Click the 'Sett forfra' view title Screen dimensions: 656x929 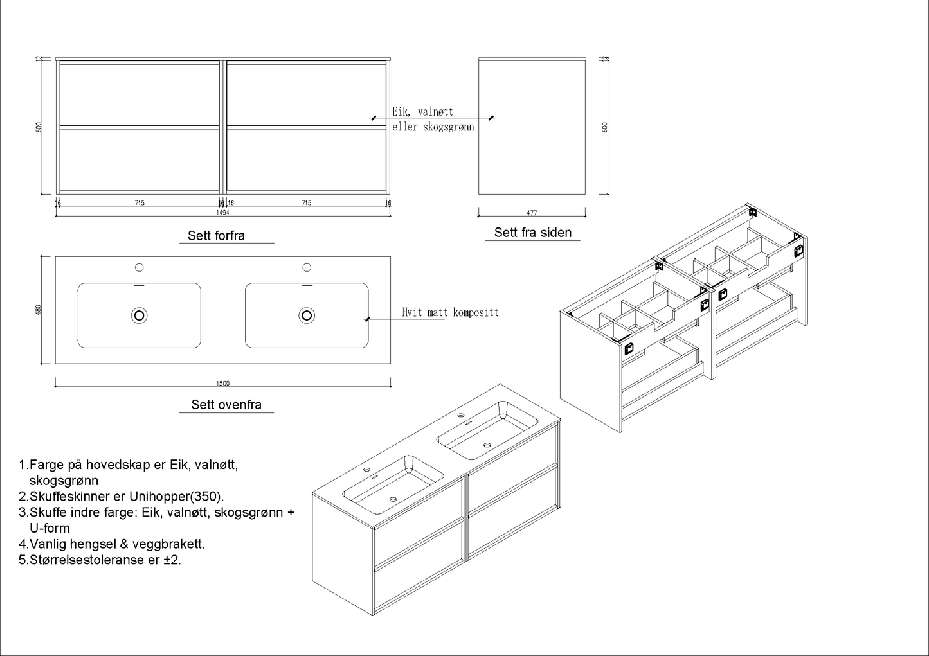(x=216, y=236)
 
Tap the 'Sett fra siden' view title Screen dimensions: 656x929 (x=532, y=233)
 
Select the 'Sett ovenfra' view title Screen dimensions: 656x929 (x=226, y=405)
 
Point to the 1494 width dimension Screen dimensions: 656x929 (x=222, y=212)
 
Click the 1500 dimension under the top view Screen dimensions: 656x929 (x=222, y=384)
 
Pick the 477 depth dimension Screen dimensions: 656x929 (x=532, y=213)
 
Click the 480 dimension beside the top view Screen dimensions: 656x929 (x=39, y=309)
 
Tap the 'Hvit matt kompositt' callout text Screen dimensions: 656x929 (x=450, y=313)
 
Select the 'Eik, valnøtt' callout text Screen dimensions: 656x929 (x=422, y=112)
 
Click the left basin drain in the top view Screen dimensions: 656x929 (x=140, y=315)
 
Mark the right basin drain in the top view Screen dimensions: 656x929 (x=307, y=315)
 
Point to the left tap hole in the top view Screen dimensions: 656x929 (x=139, y=267)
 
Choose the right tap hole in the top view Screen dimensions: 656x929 (x=307, y=267)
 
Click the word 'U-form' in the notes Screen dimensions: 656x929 (x=50, y=528)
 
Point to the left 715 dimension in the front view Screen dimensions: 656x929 (x=140, y=203)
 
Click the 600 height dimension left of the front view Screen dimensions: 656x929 (x=39, y=127)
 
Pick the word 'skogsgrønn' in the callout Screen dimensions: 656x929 (x=448, y=127)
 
